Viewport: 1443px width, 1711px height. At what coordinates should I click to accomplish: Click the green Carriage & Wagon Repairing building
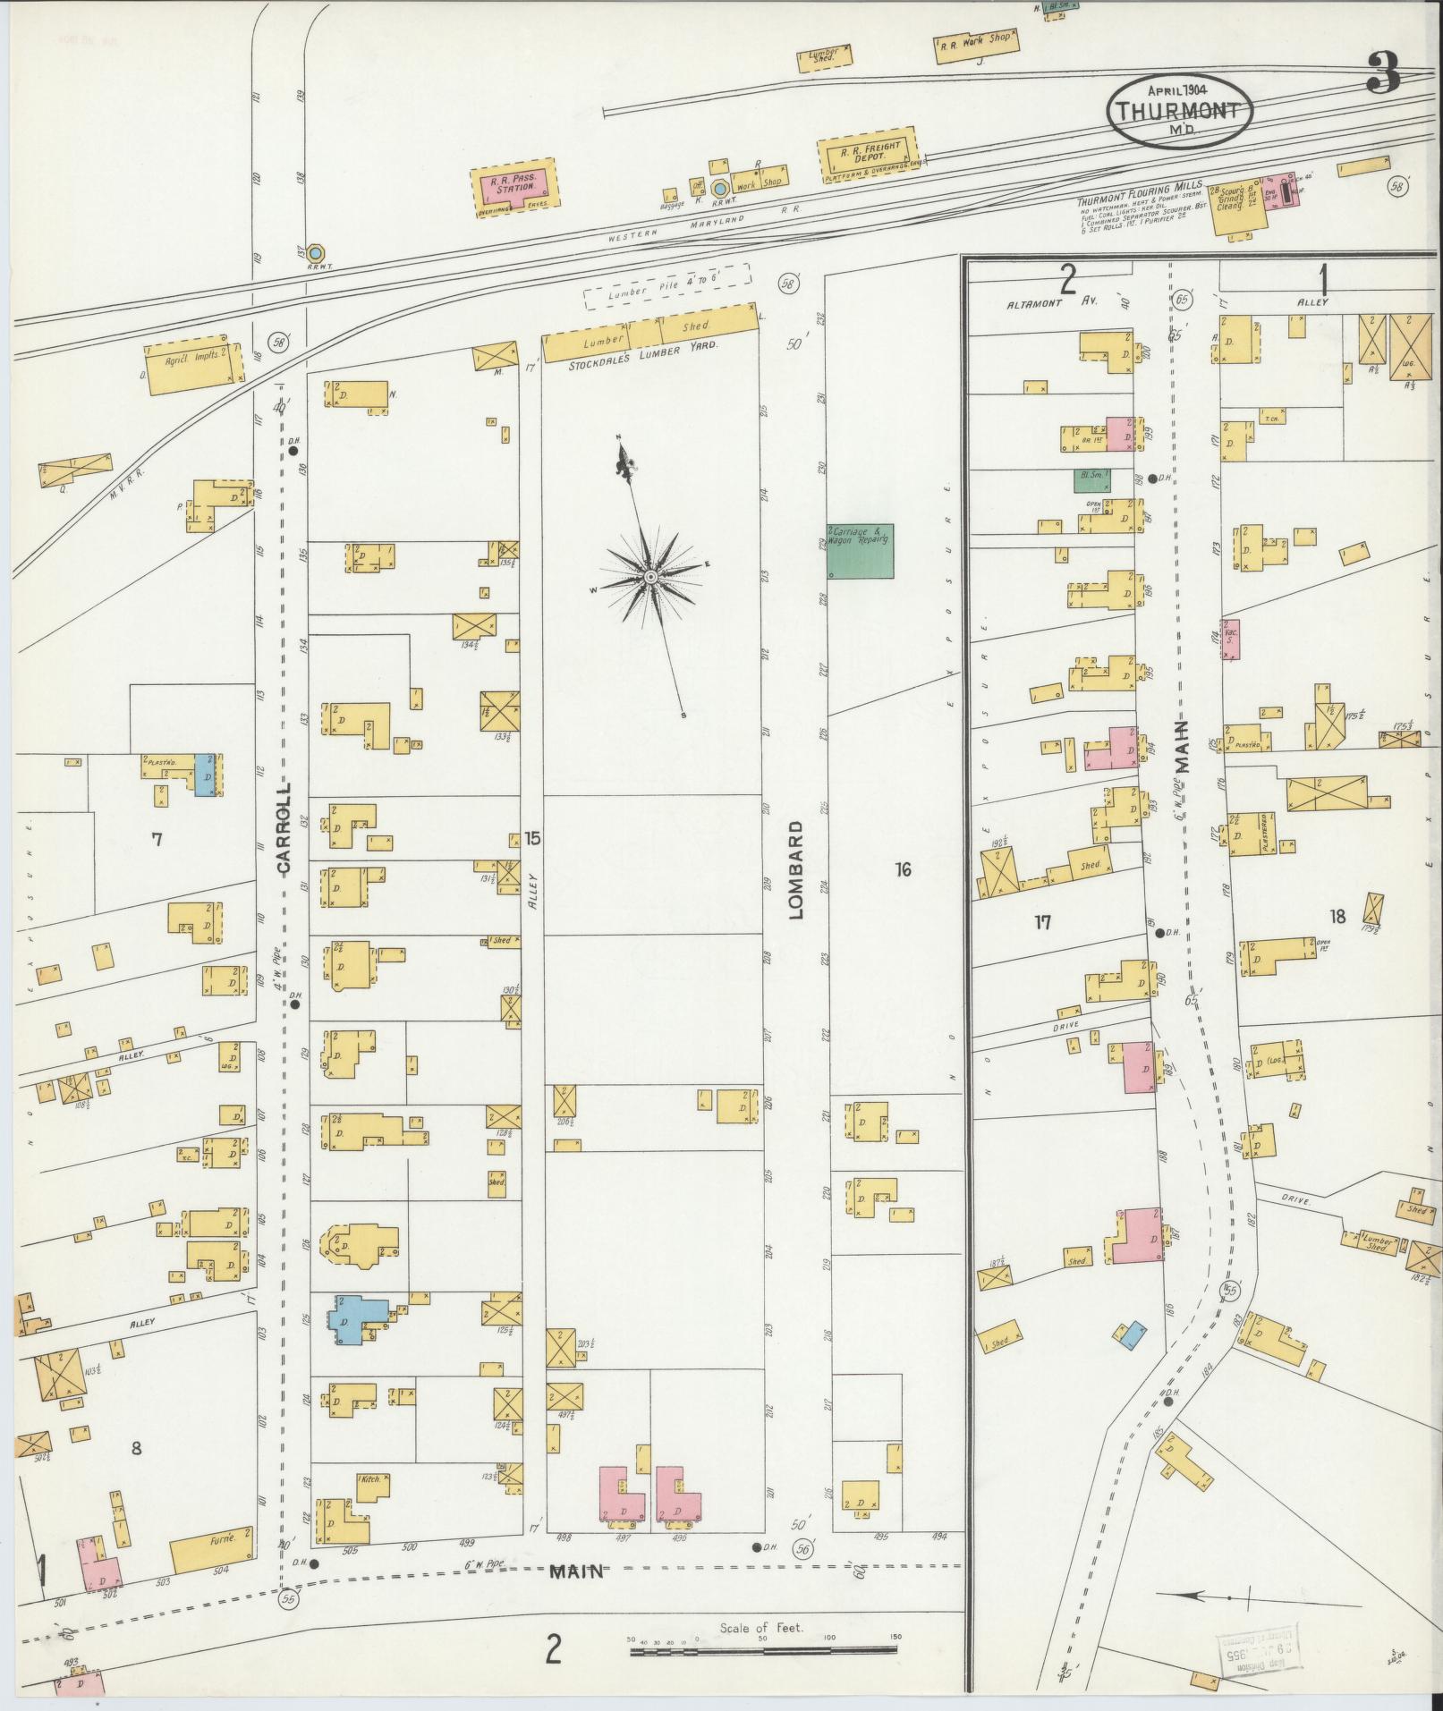coord(860,550)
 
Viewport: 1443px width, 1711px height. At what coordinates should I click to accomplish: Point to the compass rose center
coord(650,578)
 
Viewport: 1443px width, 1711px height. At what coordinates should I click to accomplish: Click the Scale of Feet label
coord(761,1628)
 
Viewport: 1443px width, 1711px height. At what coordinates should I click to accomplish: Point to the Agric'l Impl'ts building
coord(191,367)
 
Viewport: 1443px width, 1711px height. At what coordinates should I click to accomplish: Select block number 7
coord(157,839)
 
